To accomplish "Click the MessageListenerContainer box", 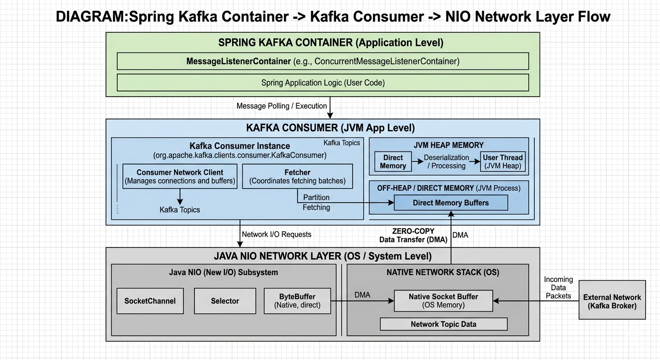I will (x=322, y=61).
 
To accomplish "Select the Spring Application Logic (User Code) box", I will (x=322, y=82).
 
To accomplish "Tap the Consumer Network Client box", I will (x=180, y=176).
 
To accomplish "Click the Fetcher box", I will (x=297, y=176).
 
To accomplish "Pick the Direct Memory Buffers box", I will (x=450, y=203).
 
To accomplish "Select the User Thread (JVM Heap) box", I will (x=502, y=162).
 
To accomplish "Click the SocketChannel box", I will (x=150, y=301).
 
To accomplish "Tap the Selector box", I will (x=225, y=301).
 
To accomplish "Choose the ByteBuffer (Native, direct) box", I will (x=297, y=301).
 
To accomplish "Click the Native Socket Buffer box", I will (x=443, y=300).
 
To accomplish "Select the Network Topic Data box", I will (x=443, y=324).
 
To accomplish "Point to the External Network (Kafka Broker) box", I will (x=612, y=301).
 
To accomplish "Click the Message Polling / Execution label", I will (x=281, y=106).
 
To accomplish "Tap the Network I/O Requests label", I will (x=276, y=234).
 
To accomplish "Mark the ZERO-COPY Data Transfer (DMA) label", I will (x=413, y=235).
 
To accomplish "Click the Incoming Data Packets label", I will (x=558, y=287).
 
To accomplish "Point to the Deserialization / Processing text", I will (x=446, y=162).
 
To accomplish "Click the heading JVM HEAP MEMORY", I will (x=448, y=145).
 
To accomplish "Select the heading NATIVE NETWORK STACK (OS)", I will (x=442, y=272).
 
